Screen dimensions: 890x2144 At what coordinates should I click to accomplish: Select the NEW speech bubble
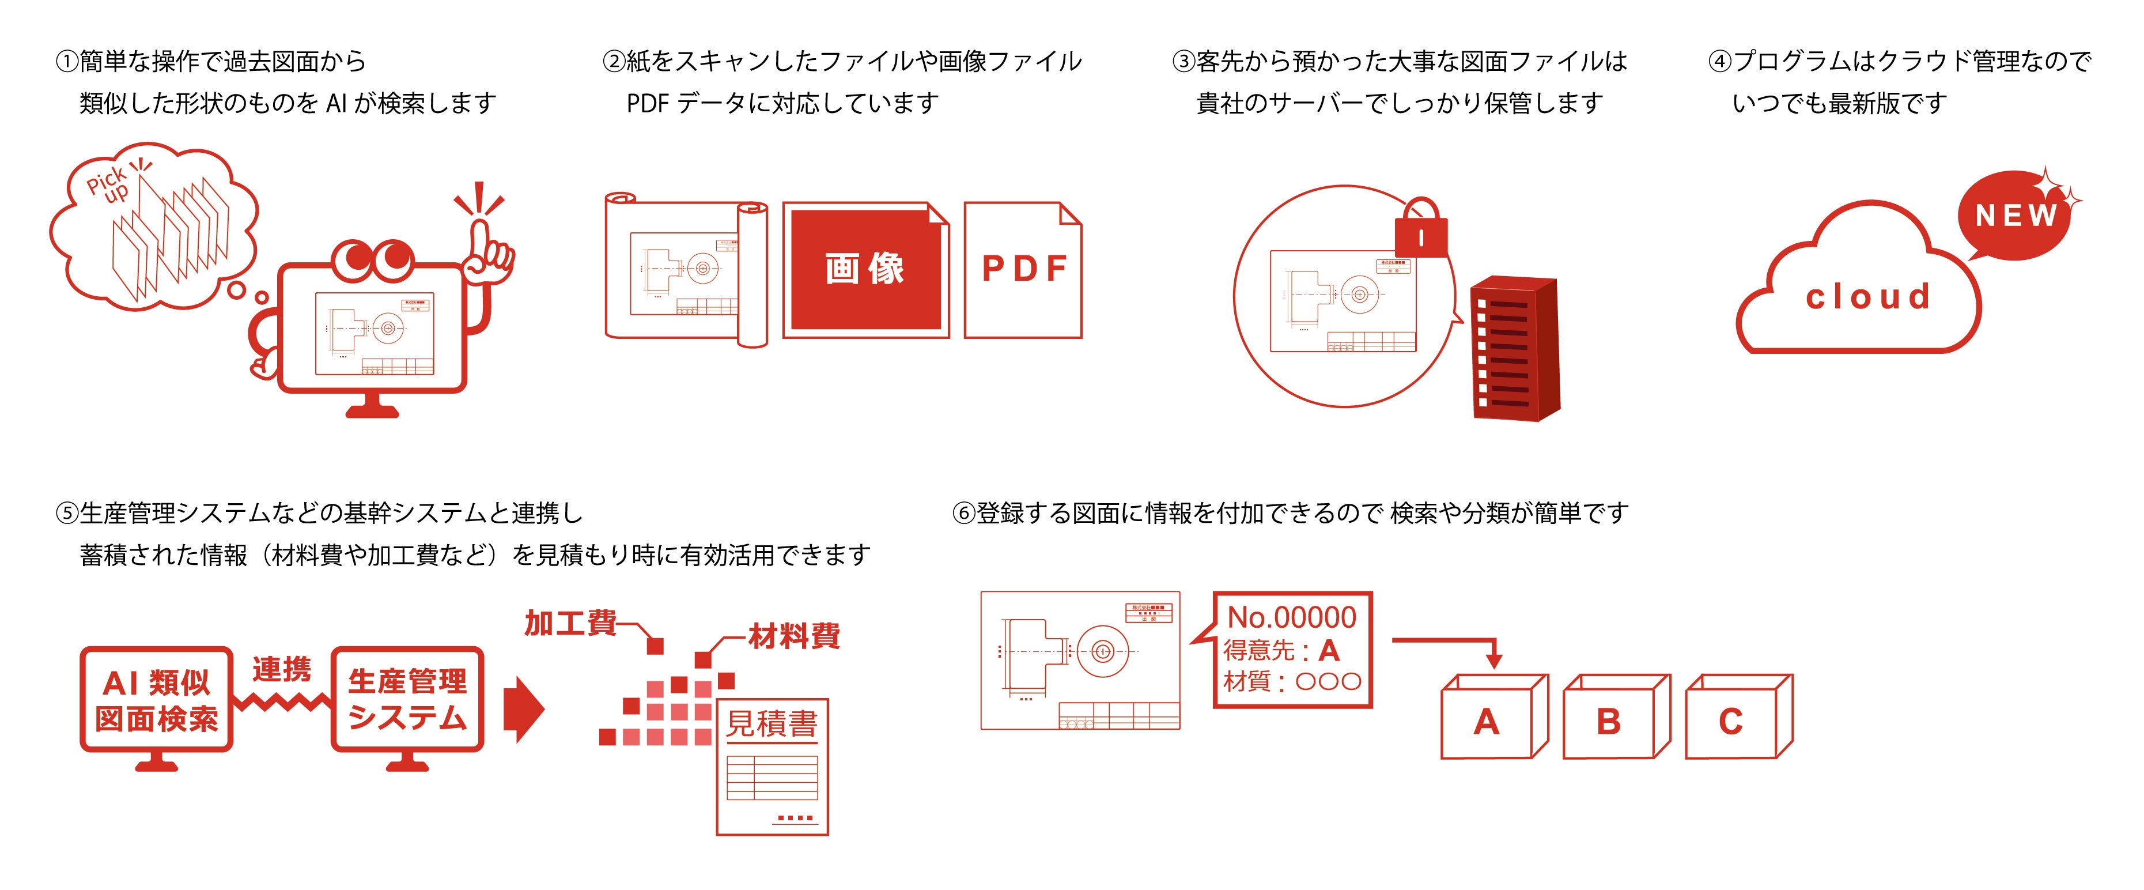tap(2015, 217)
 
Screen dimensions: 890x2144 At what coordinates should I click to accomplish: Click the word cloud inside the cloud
tap(1867, 296)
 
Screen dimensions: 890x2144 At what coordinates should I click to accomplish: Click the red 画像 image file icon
tap(865, 269)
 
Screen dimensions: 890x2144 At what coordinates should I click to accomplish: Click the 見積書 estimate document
tap(772, 766)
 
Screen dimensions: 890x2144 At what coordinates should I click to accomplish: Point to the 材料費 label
tap(794, 636)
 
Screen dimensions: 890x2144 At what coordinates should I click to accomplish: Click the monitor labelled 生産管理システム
tap(407, 699)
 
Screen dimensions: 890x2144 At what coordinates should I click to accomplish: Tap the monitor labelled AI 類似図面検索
tap(157, 699)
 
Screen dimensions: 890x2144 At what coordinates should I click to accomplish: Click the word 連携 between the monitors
tap(281, 669)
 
